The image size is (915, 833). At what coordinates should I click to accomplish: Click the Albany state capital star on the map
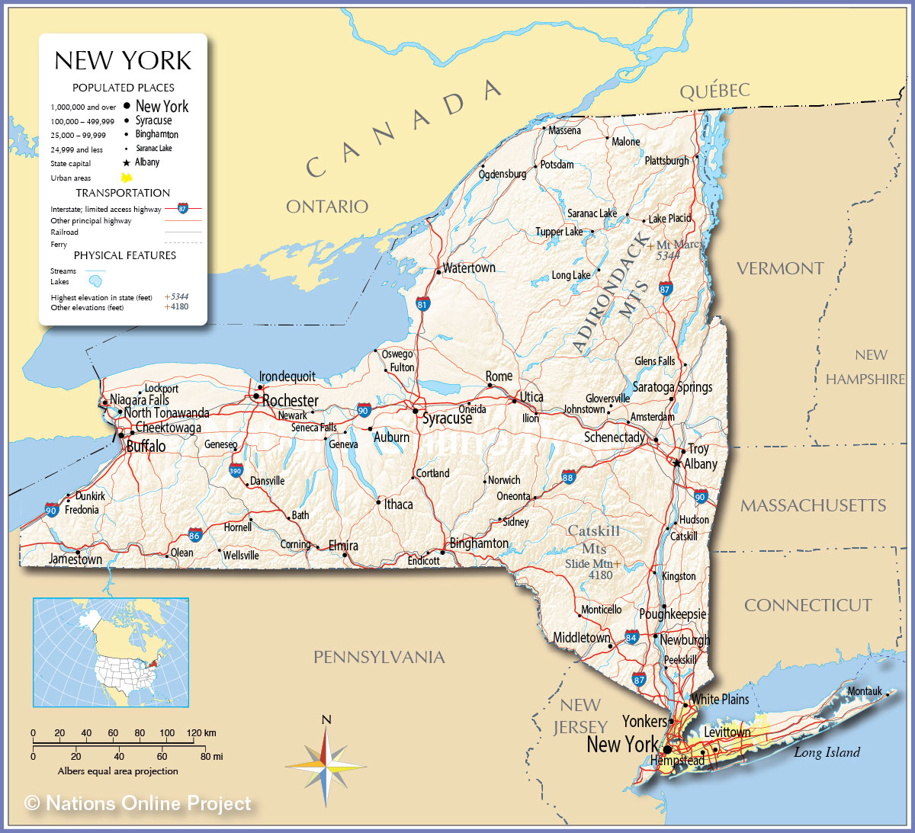[x=676, y=463]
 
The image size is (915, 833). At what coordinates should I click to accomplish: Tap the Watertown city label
[x=469, y=268]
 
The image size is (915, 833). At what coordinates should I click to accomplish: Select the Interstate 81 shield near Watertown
[x=423, y=305]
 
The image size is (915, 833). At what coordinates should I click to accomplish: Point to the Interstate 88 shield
[x=568, y=477]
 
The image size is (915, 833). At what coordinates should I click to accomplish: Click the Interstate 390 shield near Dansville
[x=236, y=470]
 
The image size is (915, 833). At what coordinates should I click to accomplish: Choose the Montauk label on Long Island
[x=865, y=691]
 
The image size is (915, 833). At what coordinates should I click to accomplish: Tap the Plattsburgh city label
[x=666, y=161]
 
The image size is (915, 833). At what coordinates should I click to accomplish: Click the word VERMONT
[x=780, y=268]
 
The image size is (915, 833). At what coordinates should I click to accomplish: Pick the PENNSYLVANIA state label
[x=379, y=657]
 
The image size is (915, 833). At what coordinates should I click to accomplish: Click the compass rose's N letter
[x=326, y=720]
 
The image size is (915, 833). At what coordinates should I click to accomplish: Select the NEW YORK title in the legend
[x=123, y=61]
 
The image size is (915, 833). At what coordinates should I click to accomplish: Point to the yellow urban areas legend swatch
[x=127, y=178]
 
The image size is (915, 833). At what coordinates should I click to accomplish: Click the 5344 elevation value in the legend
[x=179, y=296]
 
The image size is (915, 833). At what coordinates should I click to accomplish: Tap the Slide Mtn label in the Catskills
[x=589, y=564]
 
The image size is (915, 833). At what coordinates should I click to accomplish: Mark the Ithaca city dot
[x=378, y=503]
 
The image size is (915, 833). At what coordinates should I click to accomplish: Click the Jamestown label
[x=75, y=559]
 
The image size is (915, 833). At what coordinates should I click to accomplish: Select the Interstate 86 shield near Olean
[x=195, y=535]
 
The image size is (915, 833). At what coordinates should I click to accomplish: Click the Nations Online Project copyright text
[x=138, y=803]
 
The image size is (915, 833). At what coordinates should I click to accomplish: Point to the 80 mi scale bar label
[x=211, y=757]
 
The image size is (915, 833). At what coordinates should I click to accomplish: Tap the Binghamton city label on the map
[x=479, y=543]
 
